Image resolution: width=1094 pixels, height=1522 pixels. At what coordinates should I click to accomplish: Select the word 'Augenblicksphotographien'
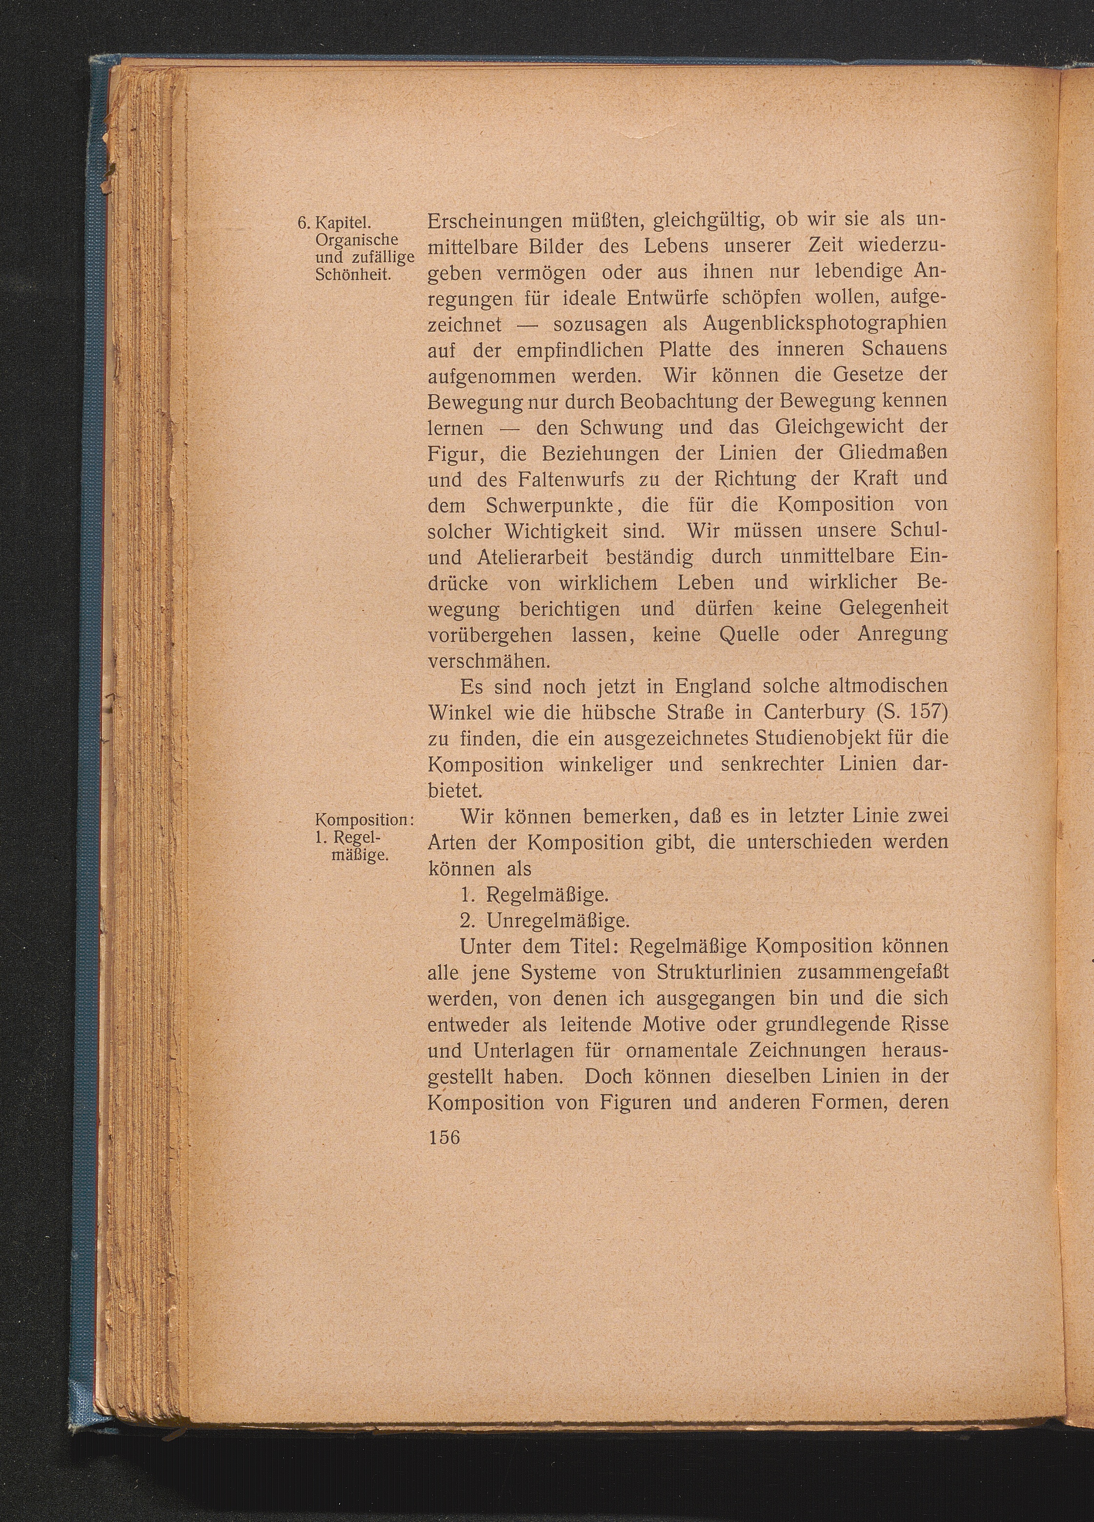click(825, 323)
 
